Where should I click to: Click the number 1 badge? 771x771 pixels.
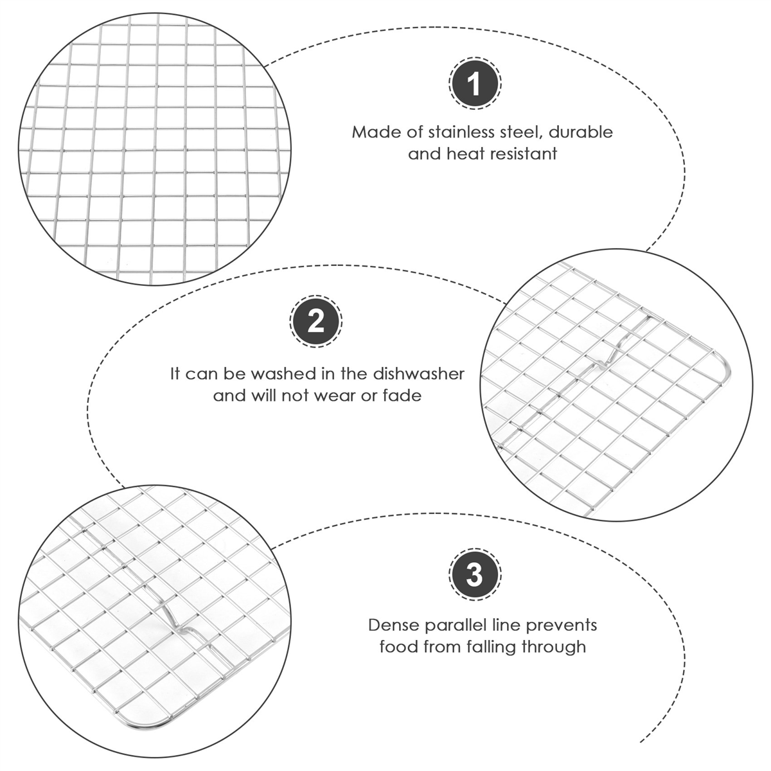pos(474,84)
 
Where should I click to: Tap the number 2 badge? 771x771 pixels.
pos(315,321)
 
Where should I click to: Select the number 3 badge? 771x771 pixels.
pos(475,576)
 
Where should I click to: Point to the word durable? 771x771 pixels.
pos(581,132)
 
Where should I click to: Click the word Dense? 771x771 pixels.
pos(394,625)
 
